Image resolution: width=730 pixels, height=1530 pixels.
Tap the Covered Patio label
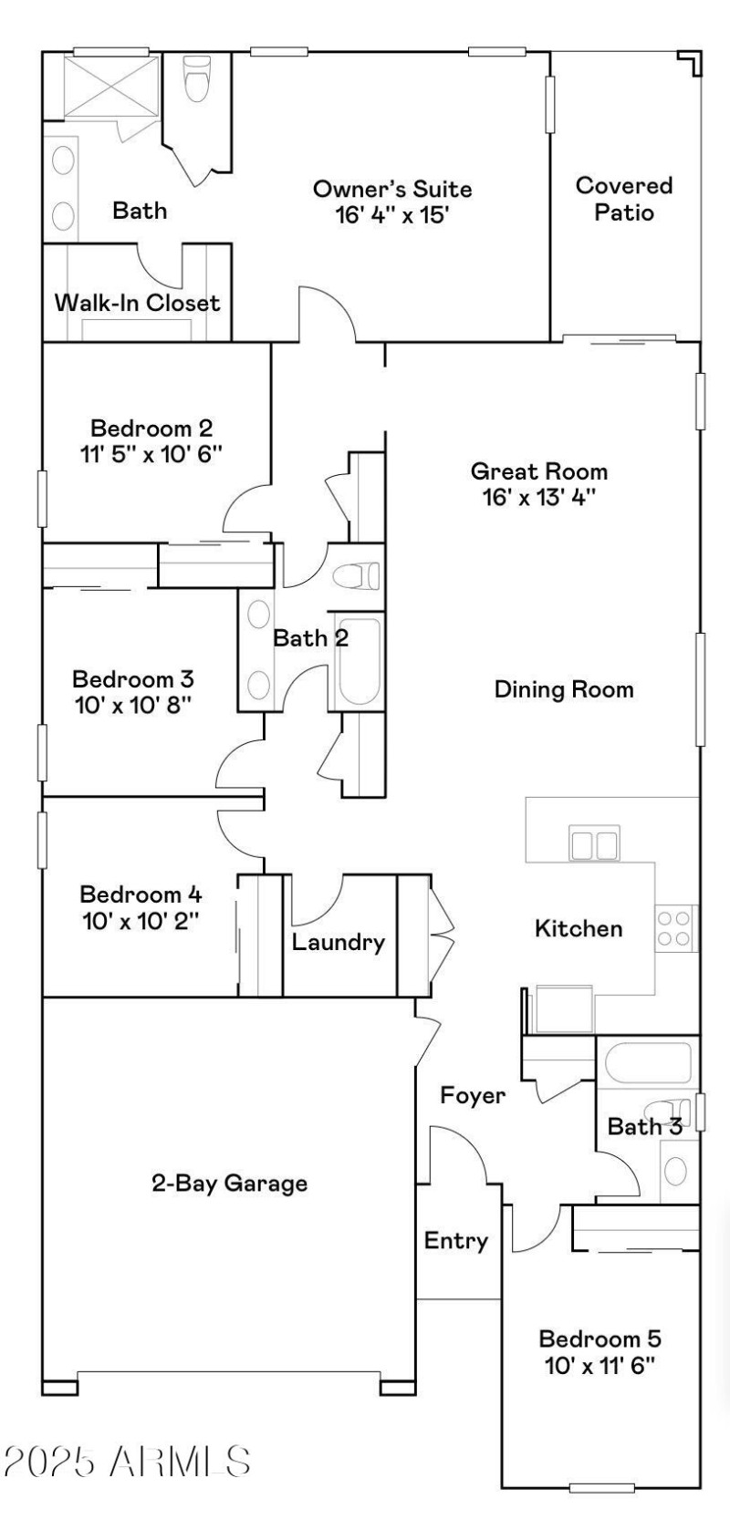(624, 199)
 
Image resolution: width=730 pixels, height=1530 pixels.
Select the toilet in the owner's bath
(197, 78)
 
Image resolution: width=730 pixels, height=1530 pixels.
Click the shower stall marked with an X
(110, 87)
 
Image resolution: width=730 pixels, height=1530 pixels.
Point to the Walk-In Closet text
(137, 303)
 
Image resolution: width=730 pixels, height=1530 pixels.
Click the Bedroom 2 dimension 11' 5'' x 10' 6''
(152, 453)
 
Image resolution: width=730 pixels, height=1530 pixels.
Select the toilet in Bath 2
(356, 576)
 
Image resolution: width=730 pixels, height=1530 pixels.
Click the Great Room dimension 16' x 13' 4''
(538, 497)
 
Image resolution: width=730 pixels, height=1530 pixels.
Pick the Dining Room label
(564, 689)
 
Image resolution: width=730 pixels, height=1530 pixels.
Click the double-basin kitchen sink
(592, 843)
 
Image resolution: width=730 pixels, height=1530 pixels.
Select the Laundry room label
(338, 942)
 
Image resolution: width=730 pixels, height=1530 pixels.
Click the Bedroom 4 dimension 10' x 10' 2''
(141, 920)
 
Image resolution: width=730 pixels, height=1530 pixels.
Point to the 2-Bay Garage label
(229, 1184)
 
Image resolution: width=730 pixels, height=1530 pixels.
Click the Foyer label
(473, 1095)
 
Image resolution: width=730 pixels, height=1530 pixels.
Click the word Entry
(456, 1240)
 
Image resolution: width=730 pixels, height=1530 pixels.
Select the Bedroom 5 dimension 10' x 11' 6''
(600, 1365)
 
